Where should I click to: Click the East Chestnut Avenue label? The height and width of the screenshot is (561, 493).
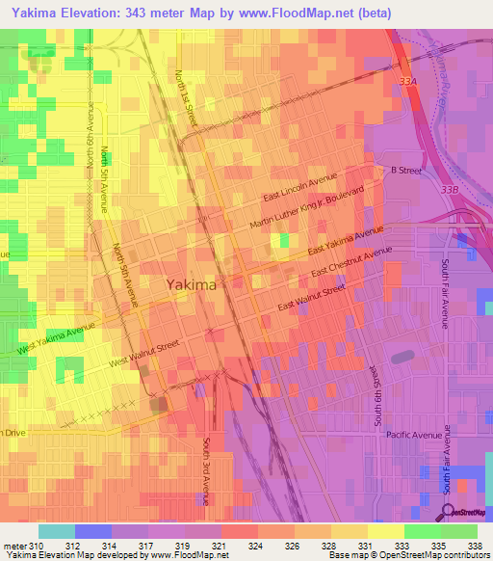[x=351, y=263]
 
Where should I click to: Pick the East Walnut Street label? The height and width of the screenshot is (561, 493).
[x=311, y=298]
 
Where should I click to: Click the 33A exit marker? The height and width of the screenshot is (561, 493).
[x=409, y=83]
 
